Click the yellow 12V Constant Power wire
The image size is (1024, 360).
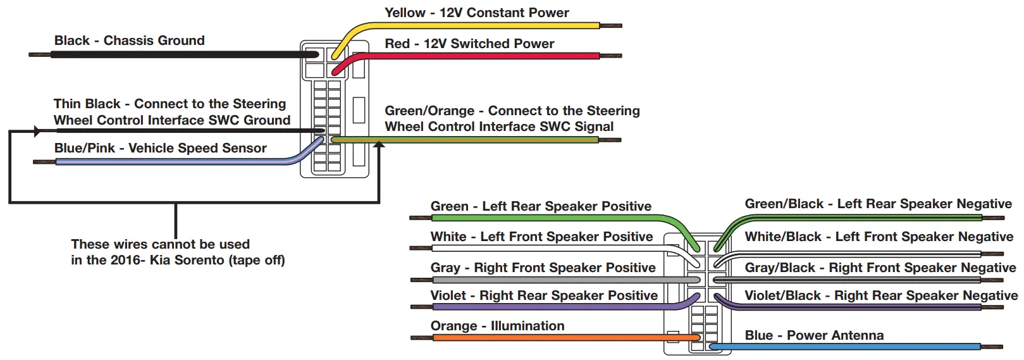tap(481, 26)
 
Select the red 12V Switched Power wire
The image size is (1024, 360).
tap(481, 56)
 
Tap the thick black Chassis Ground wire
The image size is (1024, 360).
tap(177, 54)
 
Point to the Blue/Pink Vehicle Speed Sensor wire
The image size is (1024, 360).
tap(171, 162)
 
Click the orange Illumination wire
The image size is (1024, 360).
tap(557, 338)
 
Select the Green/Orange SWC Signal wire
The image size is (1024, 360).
tap(468, 140)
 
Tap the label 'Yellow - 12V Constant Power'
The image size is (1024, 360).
tap(476, 13)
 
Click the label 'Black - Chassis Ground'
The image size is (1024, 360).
tap(129, 40)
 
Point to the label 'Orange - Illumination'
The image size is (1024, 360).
tap(497, 326)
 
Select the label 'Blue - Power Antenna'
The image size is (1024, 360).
tap(814, 335)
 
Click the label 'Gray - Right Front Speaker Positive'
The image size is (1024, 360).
tap(543, 268)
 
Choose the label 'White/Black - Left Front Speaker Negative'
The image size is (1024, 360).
tap(879, 237)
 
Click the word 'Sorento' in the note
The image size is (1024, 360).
tap(229, 260)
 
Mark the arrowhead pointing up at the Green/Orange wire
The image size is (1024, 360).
tap(379, 145)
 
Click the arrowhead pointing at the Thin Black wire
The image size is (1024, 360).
tap(37, 132)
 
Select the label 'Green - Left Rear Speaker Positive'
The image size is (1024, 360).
tap(541, 206)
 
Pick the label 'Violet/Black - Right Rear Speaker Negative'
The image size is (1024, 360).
tap(881, 295)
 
